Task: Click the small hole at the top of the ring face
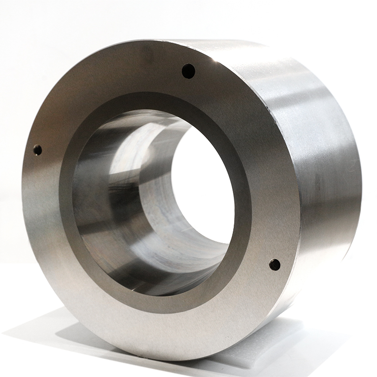pyautogui.click(x=188, y=71)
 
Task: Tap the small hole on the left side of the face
pyautogui.click(x=37, y=150)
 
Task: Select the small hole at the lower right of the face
pyautogui.click(x=275, y=264)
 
